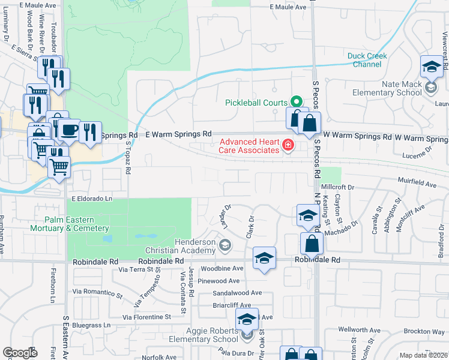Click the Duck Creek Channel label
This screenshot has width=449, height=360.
[367, 60]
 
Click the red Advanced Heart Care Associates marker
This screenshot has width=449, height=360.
[288, 145]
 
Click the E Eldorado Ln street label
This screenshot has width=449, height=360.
[92, 198]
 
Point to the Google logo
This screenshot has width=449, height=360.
[20, 353]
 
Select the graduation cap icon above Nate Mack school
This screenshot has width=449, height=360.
[431, 67]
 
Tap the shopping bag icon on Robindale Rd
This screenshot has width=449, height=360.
[312, 243]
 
